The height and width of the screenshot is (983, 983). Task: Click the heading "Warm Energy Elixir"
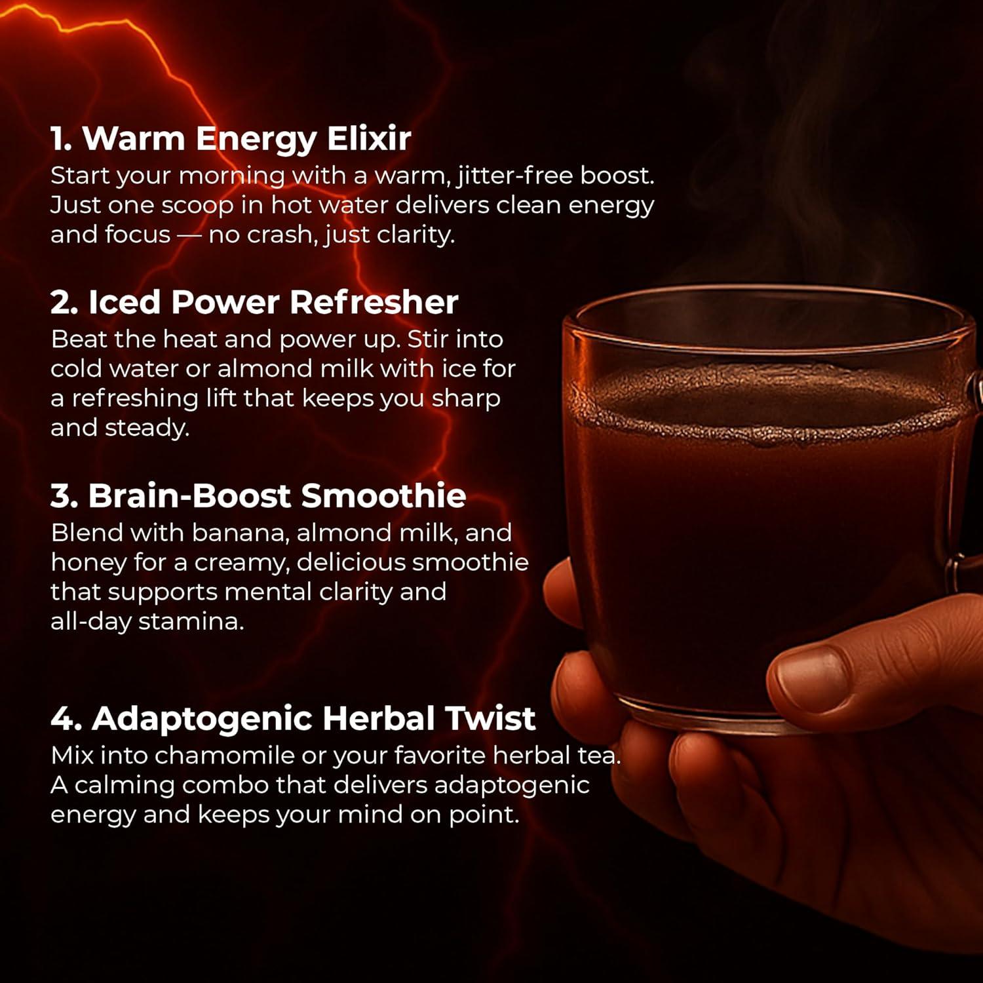click(x=246, y=138)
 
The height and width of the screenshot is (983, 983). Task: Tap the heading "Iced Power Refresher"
click(x=273, y=301)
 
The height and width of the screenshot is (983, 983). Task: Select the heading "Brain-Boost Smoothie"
click(x=277, y=495)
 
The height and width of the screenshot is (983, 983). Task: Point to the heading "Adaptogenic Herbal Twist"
click(x=313, y=718)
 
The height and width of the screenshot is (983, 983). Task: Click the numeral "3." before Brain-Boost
click(x=65, y=495)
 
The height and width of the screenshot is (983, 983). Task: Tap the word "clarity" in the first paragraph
click(x=417, y=235)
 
